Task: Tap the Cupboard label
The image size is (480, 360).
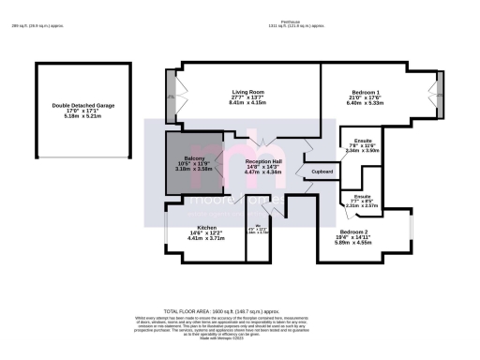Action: (x=322, y=172)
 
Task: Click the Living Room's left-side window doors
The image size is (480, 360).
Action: (x=171, y=96)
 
